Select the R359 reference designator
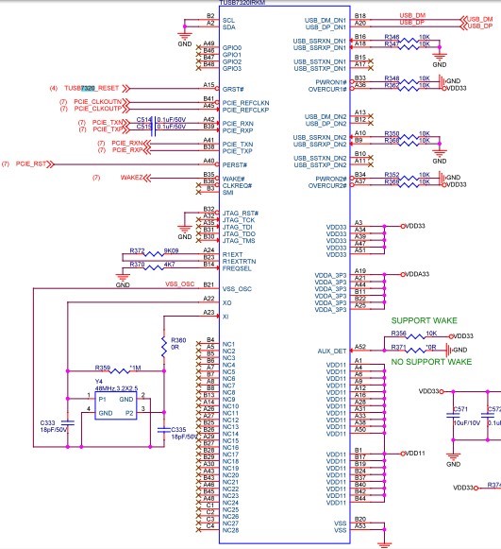(103, 367)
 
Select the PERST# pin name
(235, 165)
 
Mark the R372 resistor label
(137, 251)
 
